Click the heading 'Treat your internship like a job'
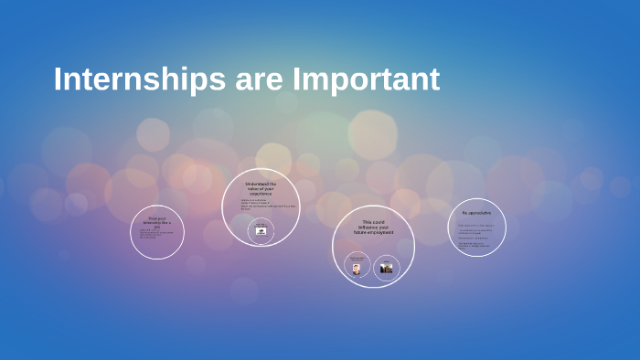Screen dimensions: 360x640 (156, 220)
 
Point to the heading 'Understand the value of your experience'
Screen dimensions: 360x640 (261, 189)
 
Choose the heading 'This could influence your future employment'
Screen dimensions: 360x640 (373, 227)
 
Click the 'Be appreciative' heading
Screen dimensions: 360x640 (476, 212)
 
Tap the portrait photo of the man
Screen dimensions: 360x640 (357, 268)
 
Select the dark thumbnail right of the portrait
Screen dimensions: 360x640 (386, 268)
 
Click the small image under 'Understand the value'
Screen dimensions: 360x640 (261, 231)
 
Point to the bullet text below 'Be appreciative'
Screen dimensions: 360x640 (476, 235)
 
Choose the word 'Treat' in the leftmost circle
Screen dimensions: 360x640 (151, 217)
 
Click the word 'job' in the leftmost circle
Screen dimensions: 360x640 (156, 225)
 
